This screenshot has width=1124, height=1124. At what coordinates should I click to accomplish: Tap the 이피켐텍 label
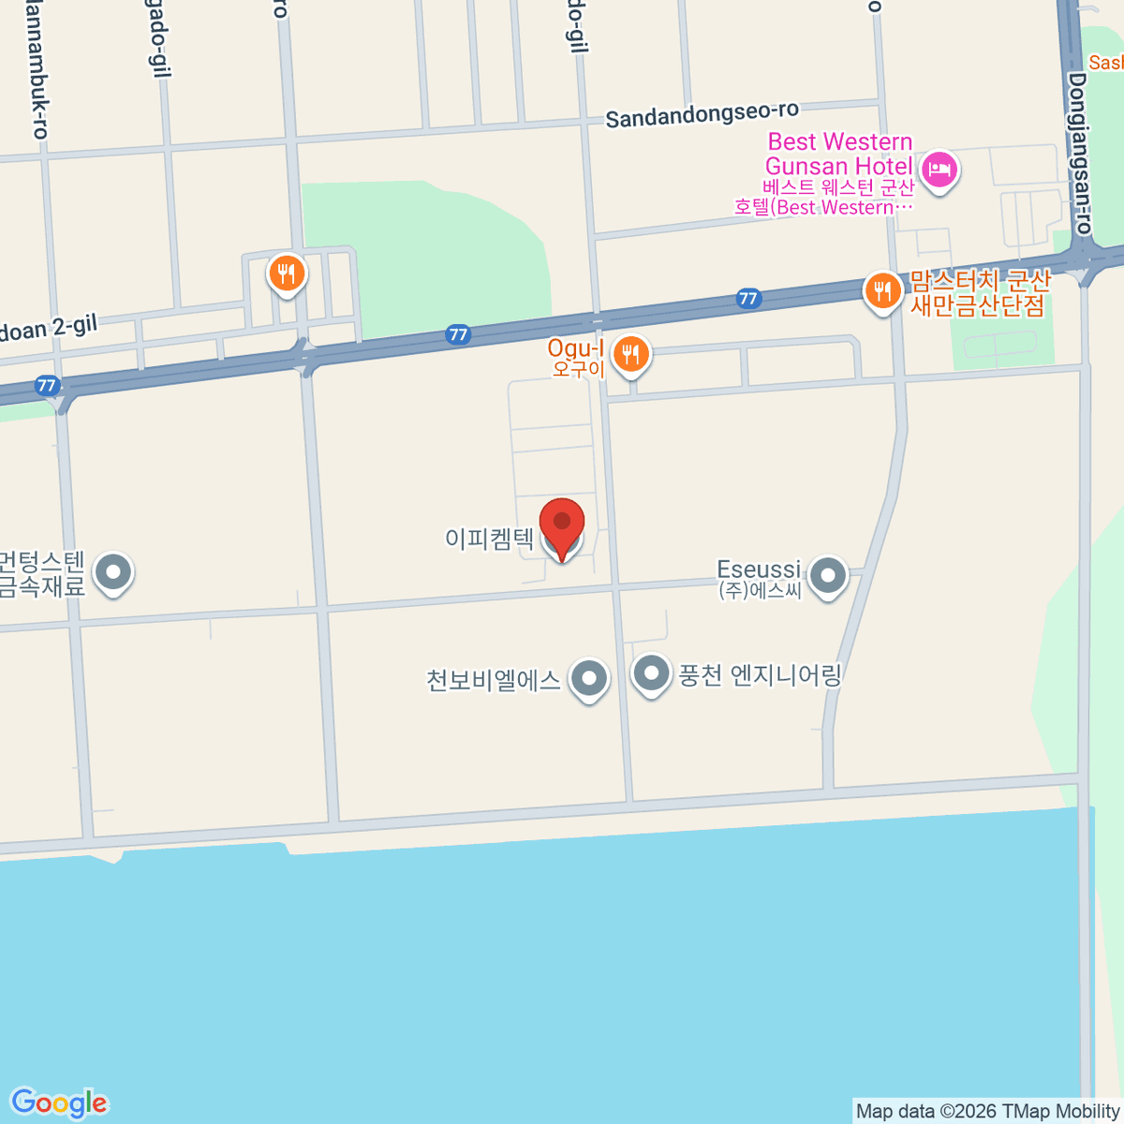[490, 539]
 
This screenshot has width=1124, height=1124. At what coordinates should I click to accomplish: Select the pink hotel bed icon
[939, 170]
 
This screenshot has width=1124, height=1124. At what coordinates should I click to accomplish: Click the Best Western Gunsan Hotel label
[838, 155]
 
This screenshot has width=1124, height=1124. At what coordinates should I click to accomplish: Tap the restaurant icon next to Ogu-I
[631, 355]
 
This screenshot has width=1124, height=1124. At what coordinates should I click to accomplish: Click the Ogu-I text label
[575, 350]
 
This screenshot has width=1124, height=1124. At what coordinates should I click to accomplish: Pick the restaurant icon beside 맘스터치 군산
[882, 291]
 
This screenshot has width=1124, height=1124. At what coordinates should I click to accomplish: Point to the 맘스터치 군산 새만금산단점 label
[980, 293]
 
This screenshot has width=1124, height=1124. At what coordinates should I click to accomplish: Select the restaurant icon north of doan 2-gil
[287, 274]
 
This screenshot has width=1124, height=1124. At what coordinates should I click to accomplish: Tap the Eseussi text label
[759, 569]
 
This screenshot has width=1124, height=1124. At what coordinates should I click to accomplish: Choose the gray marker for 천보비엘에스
[589, 677]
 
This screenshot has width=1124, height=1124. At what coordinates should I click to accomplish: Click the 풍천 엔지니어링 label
[760, 675]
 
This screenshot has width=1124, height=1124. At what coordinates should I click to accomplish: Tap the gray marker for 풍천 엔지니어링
[651, 673]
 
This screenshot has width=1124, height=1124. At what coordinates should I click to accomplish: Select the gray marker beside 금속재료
[114, 570]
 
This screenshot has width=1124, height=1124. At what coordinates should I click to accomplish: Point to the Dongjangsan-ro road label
[1080, 155]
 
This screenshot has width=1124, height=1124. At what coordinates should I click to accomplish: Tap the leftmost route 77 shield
[47, 385]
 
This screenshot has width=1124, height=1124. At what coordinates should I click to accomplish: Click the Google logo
[59, 1104]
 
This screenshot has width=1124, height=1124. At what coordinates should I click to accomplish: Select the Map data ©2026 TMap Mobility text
[987, 1112]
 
